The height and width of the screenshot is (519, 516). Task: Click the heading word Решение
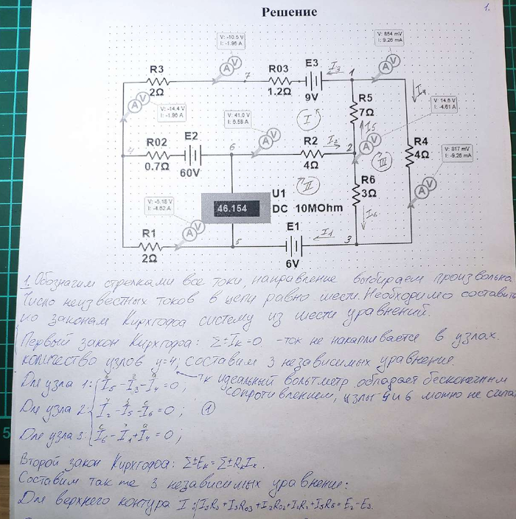pyautogui.click(x=290, y=12)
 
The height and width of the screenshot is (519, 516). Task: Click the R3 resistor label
pyautogui.click(x=156, y=69)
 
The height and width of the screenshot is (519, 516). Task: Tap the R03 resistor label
pyautogui.click(x=279, y=69)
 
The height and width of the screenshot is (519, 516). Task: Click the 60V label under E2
pyautogui.click(x=189, y=173)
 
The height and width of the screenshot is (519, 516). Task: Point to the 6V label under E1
pyautogui.click(x=293, y=263)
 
